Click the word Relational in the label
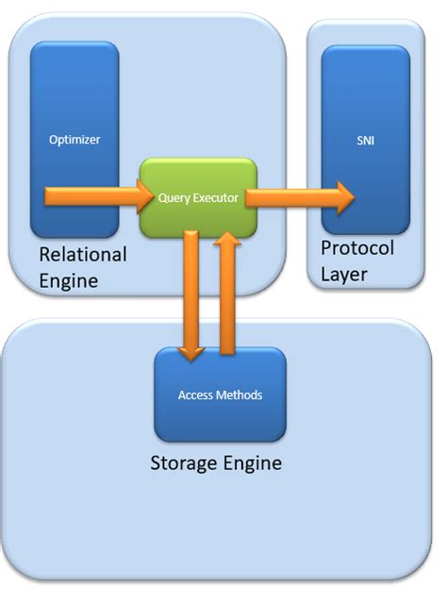(x=83, y=255)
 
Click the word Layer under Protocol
(x=343, y=275)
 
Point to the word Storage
(x=184, y=463)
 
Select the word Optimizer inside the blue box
(x=74, y=141)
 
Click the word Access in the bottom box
(x=195, y=395)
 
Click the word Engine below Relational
(x=68, y=280)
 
